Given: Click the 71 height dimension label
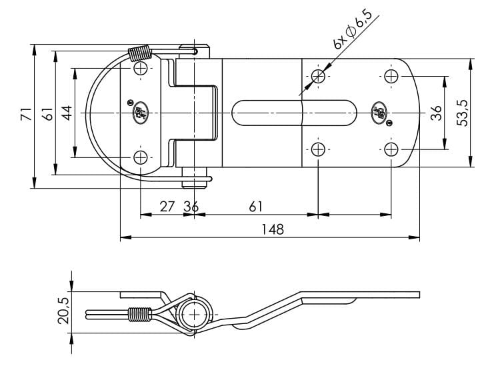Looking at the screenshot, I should pos(25,114).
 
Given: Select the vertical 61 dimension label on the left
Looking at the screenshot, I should pos(47,114).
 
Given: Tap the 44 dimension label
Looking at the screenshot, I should pos(67,113).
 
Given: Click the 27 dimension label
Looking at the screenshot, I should pos(167,207).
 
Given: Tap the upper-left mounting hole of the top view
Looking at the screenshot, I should pos(141,69).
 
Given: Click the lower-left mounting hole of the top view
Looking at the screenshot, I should pos(141,157).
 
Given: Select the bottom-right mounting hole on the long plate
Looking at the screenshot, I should pos(391,148).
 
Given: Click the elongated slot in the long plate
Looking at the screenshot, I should pos(295,113).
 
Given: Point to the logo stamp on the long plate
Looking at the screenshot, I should pos(379,111).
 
